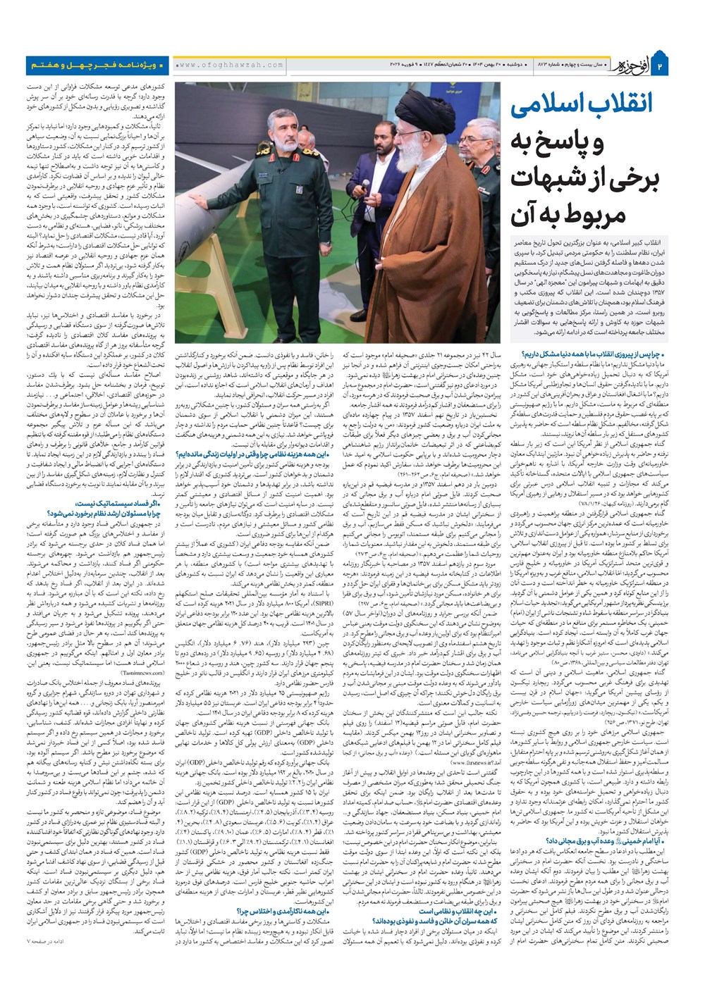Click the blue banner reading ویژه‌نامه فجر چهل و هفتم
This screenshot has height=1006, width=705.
94,65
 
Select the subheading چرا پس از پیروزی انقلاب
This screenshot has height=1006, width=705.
605,356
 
